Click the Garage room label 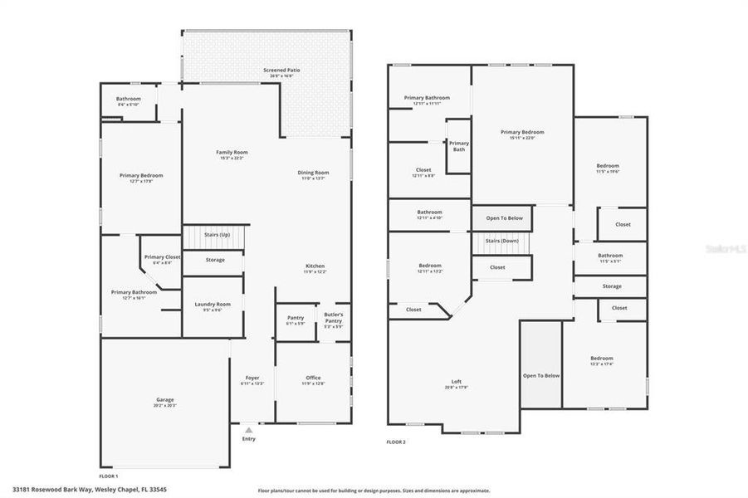click(164, 402)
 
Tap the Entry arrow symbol click(248, 430)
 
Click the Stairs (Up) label click(217, 235)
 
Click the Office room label click(313, 380)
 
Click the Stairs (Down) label click(495, 241)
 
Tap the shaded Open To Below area click(541, 375)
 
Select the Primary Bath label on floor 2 click(459, 146)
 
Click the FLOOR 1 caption click(109, 476)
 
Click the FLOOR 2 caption click(396, 442)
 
